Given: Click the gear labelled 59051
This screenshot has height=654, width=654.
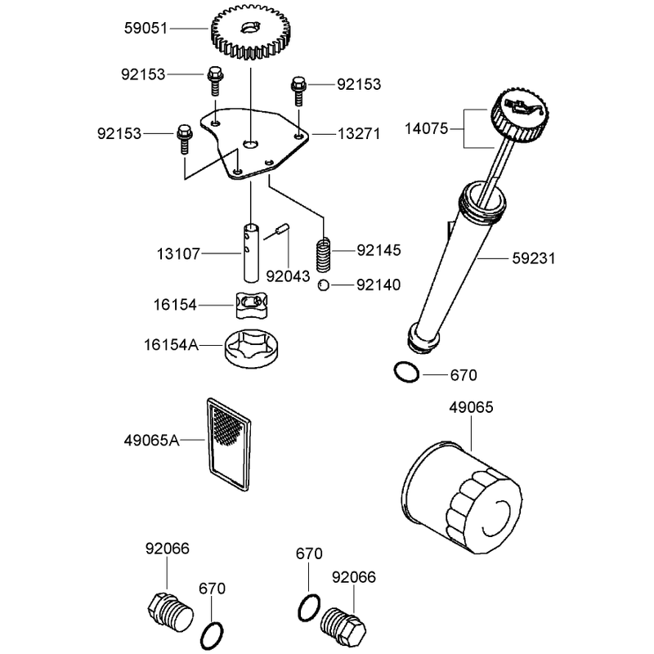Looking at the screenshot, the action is click(x=251, y=32).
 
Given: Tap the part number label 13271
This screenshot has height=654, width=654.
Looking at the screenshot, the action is click(x=359, y=134).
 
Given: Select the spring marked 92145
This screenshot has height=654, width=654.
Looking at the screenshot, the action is click(x=323, y=255).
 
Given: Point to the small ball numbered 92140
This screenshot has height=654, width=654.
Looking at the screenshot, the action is click(x=323, y=285).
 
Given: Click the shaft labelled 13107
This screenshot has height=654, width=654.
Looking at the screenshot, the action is click(x=251, y=253).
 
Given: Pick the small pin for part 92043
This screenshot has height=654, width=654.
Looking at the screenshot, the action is click(x=282, y=230).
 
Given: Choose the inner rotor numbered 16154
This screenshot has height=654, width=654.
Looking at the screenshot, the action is click(x=252, y=305).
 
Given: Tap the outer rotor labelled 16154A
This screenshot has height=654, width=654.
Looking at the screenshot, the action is click(x=251, y=348).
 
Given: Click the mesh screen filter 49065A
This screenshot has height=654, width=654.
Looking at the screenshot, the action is click(x=229, y=444).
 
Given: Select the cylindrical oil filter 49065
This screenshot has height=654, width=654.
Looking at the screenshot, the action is click(x=461, y=497).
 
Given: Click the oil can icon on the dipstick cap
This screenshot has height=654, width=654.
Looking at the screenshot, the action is click(x=523, y=108).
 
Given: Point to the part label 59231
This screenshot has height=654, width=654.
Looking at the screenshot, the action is click(x=534, y=258).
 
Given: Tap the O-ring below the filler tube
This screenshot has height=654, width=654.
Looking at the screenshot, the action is click(x=406, y=372).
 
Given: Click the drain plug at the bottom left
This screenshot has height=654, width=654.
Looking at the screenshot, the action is click(x=171, y=611).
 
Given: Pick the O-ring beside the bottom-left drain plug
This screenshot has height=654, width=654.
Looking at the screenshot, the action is click(x=212, y=635).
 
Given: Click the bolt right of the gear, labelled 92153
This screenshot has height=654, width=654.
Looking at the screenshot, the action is click(x=298, y=91).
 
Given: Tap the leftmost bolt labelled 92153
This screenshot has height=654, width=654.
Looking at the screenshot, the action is click(x=184, y=139).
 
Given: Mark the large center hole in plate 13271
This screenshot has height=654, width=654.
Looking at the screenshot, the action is click(x=251, y=145).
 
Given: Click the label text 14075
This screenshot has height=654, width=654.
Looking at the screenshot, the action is click(x=426, y=128).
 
